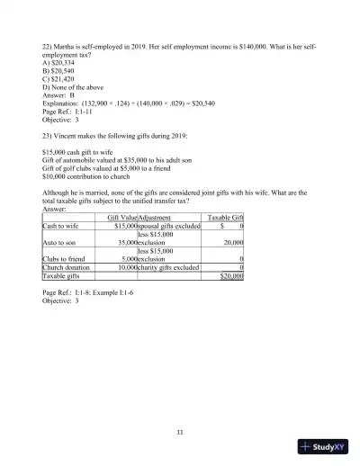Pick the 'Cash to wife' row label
click(61, 227)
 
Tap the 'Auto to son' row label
click(60, 242)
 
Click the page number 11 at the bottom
click(180, 432)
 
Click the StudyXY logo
click(323, 445)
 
